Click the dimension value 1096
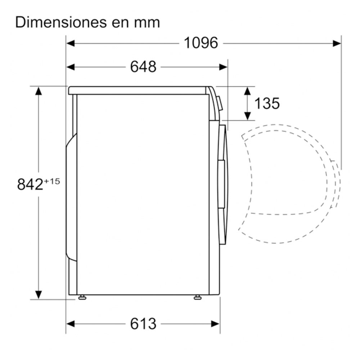(x=201, y=43)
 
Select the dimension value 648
(x=143, y=67)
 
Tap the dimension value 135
(x=267, y=104)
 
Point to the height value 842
(x=30, y=185)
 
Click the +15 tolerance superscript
(x=51, y=181)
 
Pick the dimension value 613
(x=143, y=324)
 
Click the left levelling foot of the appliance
(x=82, y=297)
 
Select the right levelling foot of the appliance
(x=197, y=297)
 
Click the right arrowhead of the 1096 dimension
(x=337, y=43)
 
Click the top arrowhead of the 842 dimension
(x=38, y=90)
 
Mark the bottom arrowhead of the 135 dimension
(x=247, y=116)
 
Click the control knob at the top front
(x=220, y=104)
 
